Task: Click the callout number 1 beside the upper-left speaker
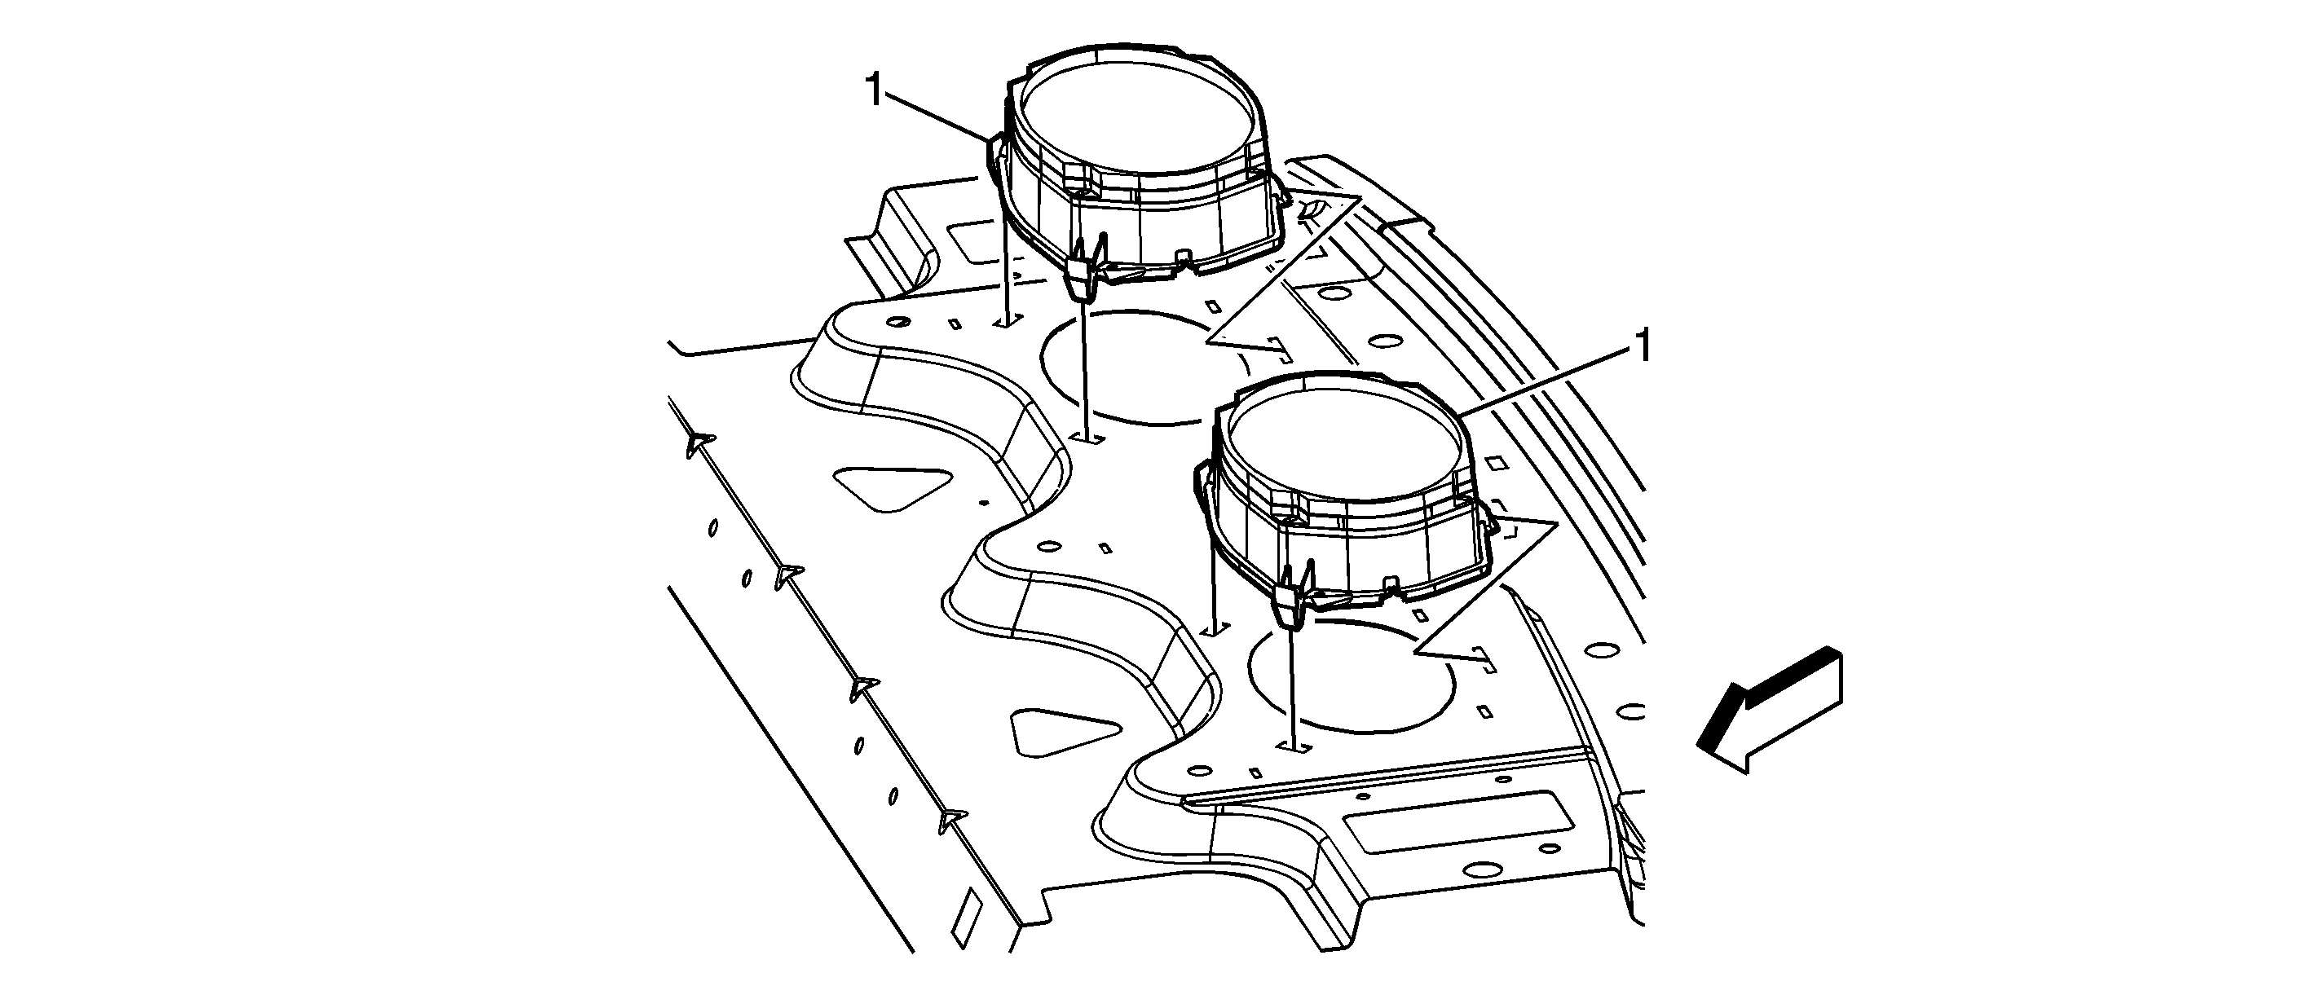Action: click(x=873, y=90)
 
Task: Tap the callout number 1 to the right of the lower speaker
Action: click(x=1645, y=346)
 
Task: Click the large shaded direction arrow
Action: click(x=1769, y=710)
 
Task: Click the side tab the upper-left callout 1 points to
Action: click(x=995, y=162)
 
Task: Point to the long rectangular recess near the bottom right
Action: click(x=1459, y=821)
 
